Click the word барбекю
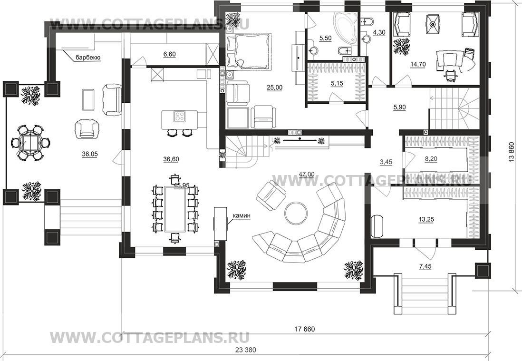[x=88, y=58]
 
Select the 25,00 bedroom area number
[x=274, y=88]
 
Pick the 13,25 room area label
[x=425, y=219]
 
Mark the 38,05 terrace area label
[x=90, y=154]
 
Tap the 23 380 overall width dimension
[x=246, y=350]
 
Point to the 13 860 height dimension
[x=512, y=153]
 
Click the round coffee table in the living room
[x=295, y=212]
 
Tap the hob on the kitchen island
[x=180, y=117]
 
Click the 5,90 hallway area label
[x=399, y=107]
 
